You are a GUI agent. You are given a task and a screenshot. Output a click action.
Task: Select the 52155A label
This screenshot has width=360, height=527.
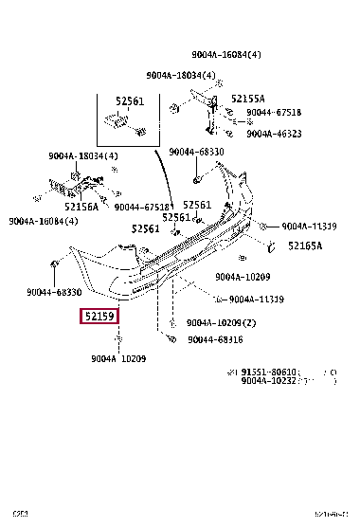249,99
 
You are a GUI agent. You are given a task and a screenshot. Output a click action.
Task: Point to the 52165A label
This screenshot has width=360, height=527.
305,245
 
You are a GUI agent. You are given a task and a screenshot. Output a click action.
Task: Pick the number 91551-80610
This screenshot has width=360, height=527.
272,373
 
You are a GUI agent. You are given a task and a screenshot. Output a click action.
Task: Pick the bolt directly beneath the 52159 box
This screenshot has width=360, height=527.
118,339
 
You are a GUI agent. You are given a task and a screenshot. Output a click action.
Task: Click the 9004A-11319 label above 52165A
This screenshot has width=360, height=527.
310,227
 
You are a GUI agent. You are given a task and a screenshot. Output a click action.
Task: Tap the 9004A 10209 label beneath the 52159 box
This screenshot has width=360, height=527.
118,358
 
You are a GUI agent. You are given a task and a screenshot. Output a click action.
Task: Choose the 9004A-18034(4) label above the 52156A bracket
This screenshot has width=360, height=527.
84,156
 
